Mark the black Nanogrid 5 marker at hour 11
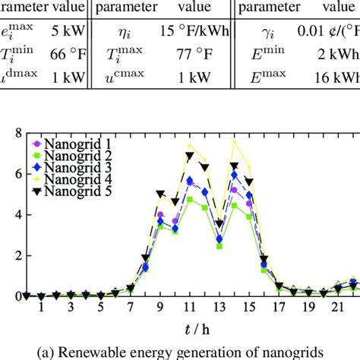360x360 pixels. tap(189, 156)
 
